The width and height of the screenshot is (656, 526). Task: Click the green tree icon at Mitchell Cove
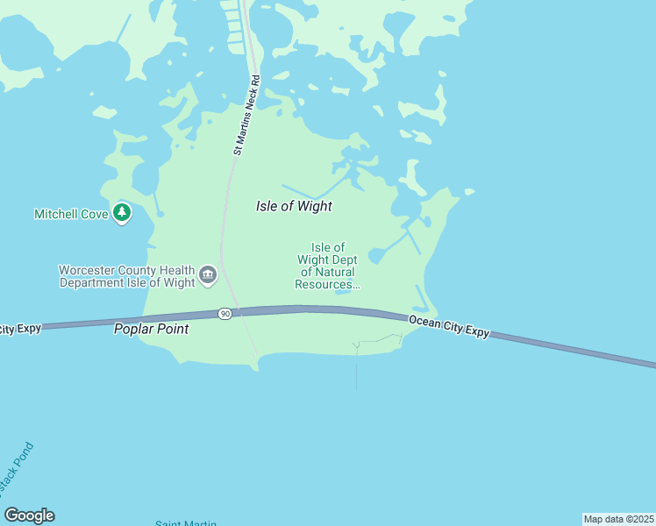click(x=122, y=213)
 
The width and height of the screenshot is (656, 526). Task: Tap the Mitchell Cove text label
click(x=71, y=214)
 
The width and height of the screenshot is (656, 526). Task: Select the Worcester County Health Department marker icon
click(x=208, y=276)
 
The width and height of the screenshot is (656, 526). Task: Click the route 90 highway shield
click(x=225, y=314)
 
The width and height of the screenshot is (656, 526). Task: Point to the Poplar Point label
click(x=151, y=330)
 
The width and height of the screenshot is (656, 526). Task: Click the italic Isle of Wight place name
click(x=294, y=206)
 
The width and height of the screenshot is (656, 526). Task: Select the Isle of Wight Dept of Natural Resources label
click(x=328, y=267)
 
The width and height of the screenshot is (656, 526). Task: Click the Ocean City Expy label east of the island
click(x=448, y=326)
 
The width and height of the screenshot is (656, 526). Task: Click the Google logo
click(x=29, y=515)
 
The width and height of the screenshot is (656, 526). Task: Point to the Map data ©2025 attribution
click(x=618, y=519)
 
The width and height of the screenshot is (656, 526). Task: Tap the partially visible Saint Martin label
click(x=186, y=523)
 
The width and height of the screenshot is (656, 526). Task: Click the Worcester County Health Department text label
click(x=126, y=276)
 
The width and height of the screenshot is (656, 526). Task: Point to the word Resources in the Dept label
click(x=326, y=284)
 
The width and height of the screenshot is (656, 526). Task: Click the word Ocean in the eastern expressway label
click(x=424, y=322)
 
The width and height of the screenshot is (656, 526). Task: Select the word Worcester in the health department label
click(x=85, y=270)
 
